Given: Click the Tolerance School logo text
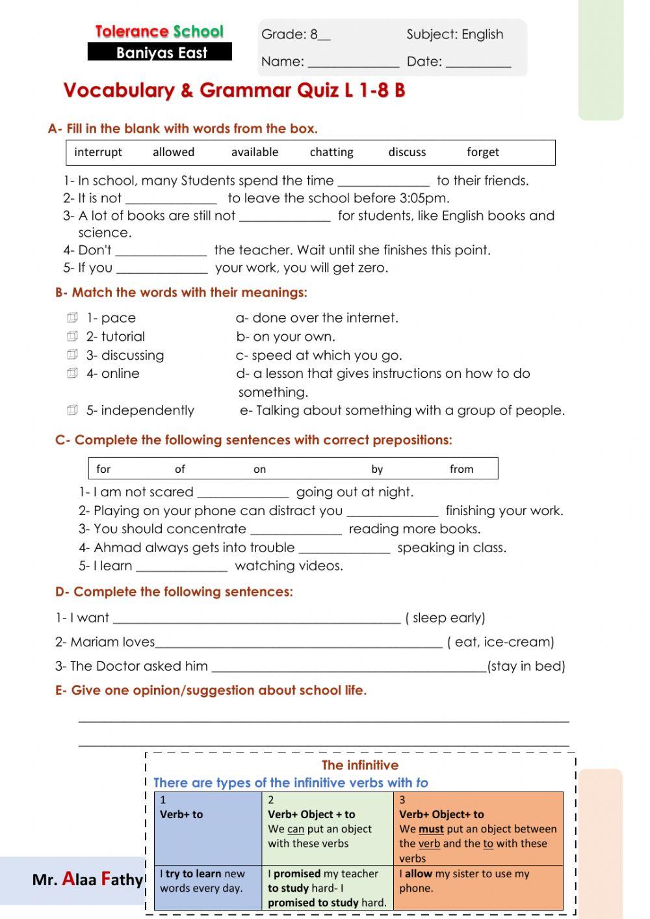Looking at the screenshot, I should click(159, 31).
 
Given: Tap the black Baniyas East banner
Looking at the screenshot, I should click(160, 53).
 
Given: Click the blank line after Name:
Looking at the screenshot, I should click(353, 63).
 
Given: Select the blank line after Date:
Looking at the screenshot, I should click(478, 63).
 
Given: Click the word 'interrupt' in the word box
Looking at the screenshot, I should click(98, 152).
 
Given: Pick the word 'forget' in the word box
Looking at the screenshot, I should click(483, 152).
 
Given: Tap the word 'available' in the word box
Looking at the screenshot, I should click(255, 152).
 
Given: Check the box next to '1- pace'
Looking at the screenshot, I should click(72, 318).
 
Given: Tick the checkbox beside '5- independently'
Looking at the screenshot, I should click(72, 410).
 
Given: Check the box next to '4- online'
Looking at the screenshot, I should click(72, 373).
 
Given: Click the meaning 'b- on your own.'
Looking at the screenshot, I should click(286, 337).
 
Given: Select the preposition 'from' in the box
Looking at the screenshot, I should click(461, 469).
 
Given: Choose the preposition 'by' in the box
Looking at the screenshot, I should click(377, 469).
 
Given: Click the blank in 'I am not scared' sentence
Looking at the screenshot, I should click(243, 493).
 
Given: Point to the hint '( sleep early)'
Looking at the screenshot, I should click(445, 618).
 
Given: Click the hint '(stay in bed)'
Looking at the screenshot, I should click(526, 666).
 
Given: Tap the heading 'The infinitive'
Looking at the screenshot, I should click(360, 766).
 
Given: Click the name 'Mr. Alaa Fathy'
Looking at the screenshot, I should click(87, 879).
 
